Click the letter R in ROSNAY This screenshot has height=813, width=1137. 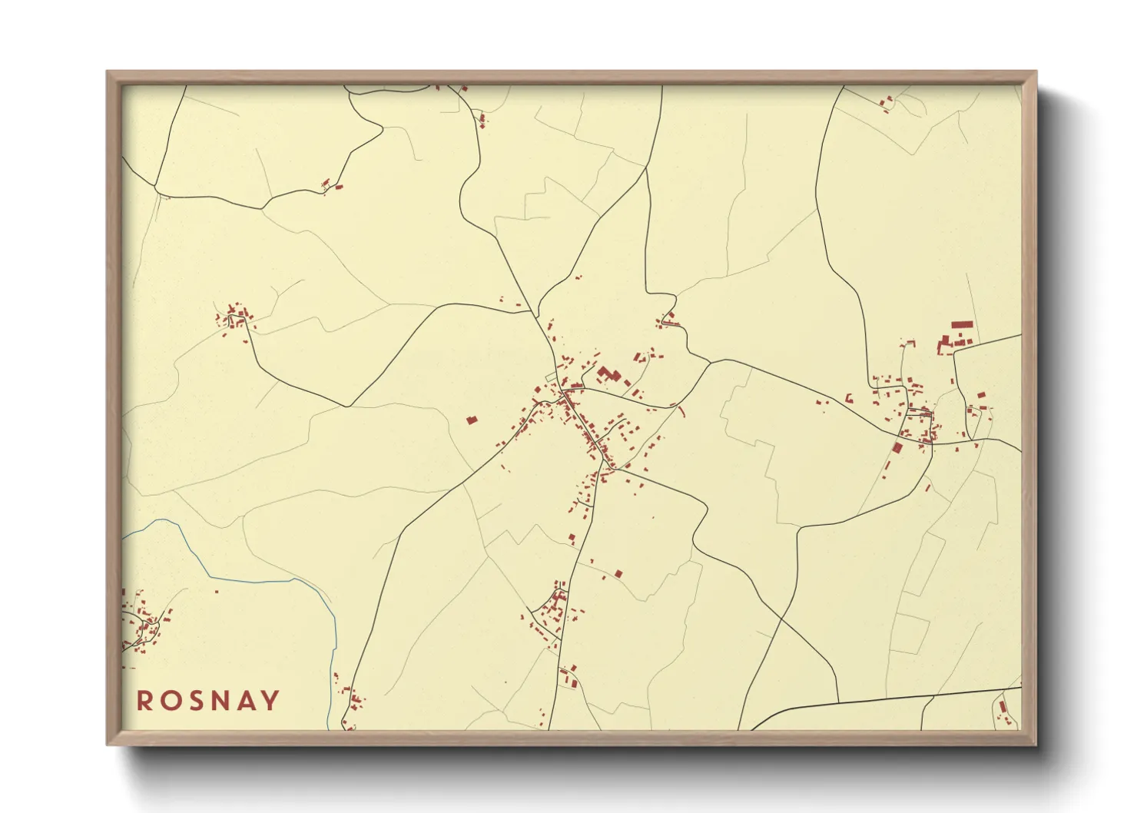144,700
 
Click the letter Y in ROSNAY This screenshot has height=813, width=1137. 270,700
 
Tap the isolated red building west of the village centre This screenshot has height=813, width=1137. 472,420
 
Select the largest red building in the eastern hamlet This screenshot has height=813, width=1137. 962,325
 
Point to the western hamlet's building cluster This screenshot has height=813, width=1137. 234,317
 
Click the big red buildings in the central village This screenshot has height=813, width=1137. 608,375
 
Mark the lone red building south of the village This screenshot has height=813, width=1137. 618,572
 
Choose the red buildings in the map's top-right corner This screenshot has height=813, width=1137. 887,101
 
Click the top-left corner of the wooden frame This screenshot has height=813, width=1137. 108,72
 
